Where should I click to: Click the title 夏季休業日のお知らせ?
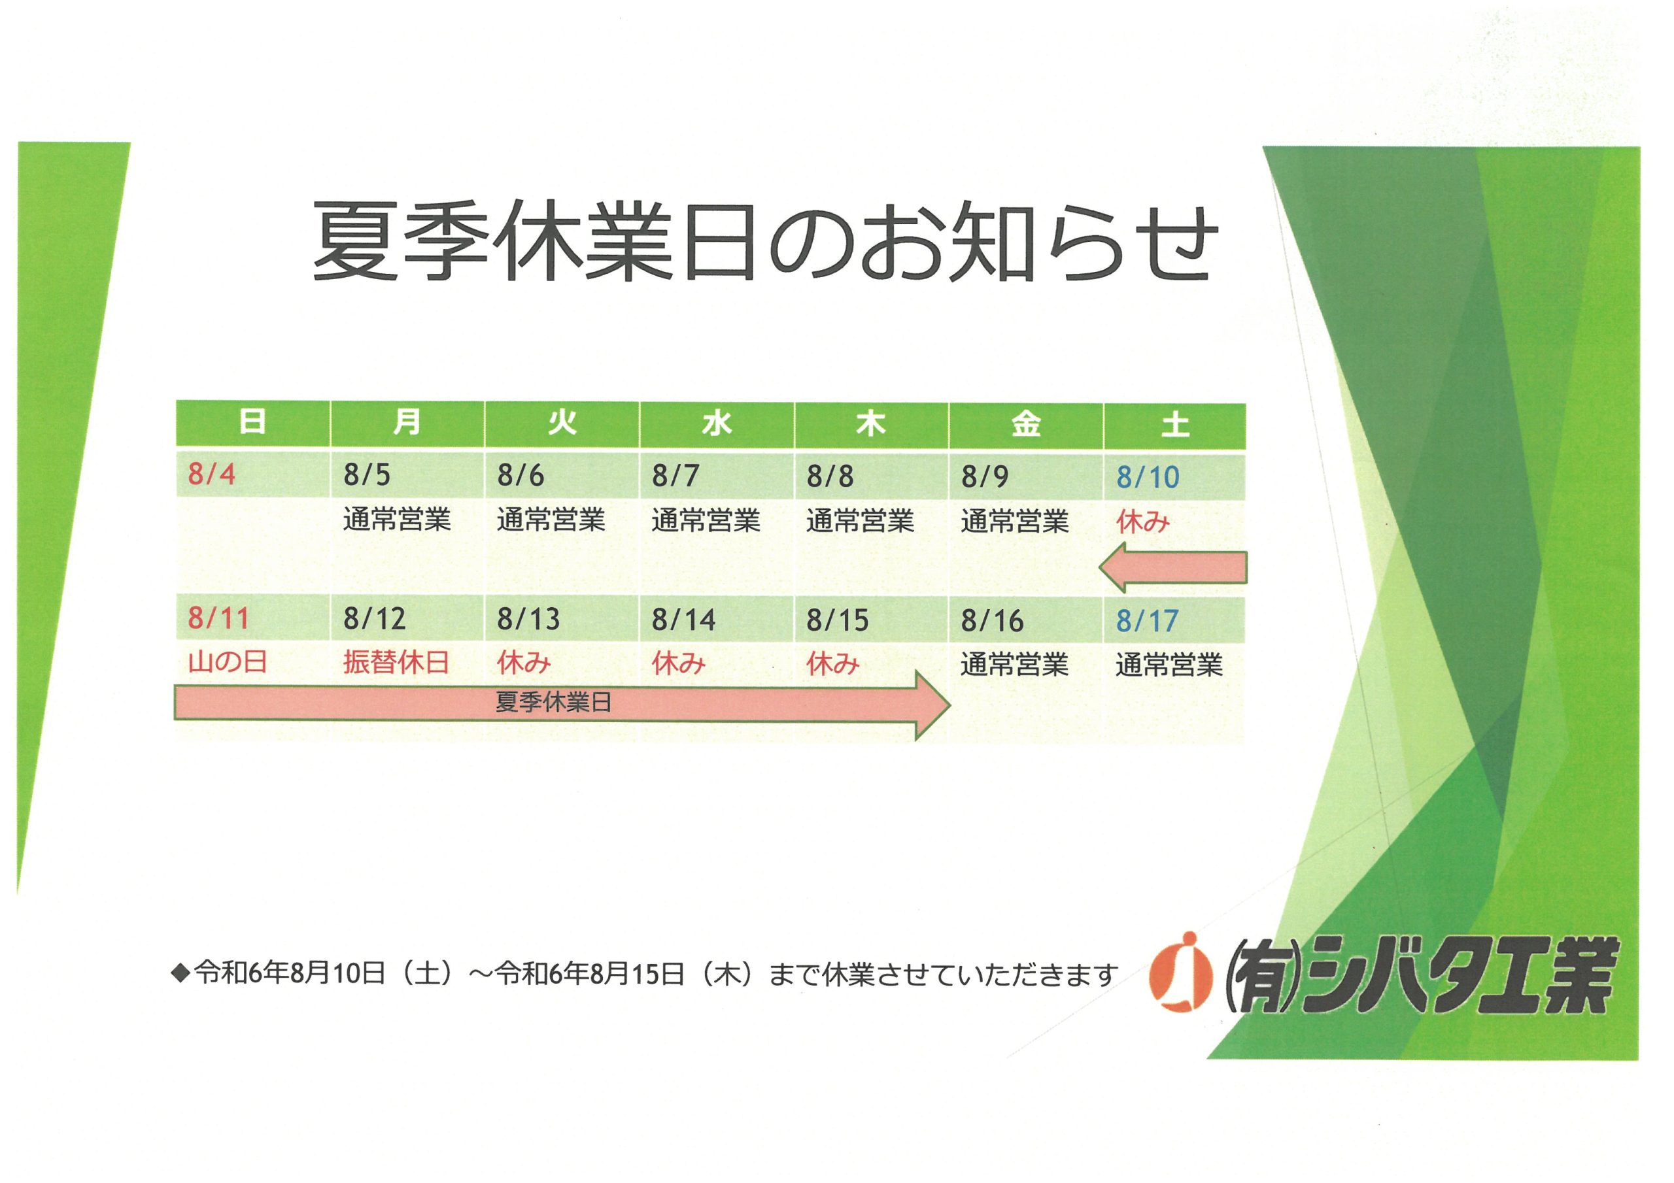pos(766,242)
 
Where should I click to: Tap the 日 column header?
pos(252,422)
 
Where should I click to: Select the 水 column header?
pos(717,424)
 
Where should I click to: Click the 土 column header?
pos(1174,425)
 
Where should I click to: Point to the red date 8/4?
pos(211,474)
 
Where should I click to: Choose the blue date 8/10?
pos(1148,476)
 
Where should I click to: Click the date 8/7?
pos(675,475)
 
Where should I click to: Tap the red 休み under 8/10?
pos(1142,522)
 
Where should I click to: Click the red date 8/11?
pos(218,618)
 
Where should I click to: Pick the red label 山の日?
pos(228,662)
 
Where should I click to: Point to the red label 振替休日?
pos(396,663)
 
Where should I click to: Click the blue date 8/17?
pos(1147,621)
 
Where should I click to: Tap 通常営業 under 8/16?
pos(1014,665)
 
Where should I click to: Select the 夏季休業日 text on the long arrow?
pos(553,702)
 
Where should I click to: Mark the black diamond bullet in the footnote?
pos(179,973)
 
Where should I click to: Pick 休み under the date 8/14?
pos(678,663)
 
